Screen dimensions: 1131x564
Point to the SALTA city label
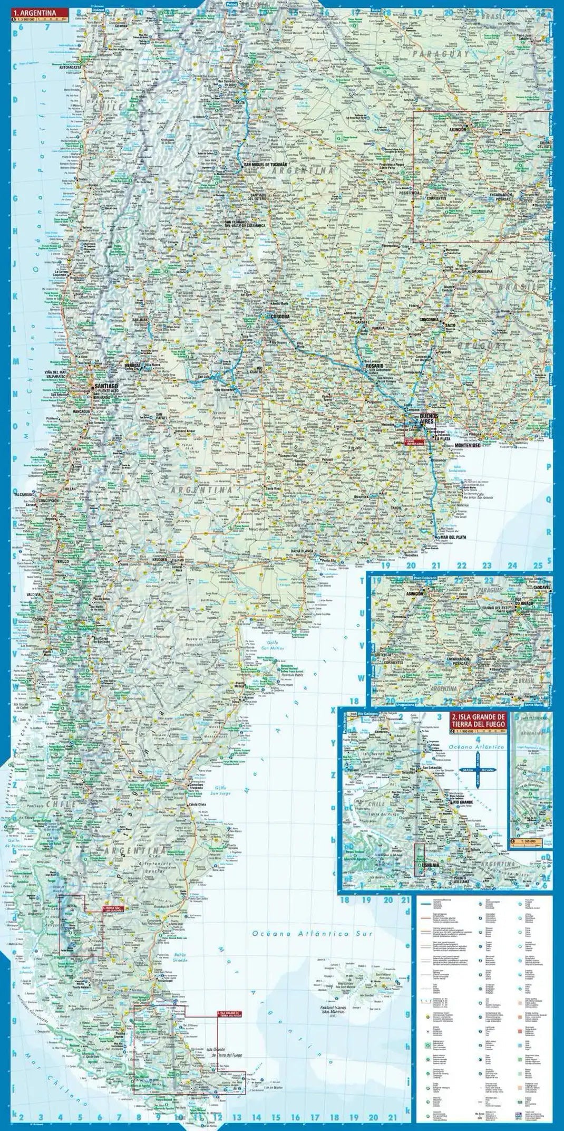point(240,102)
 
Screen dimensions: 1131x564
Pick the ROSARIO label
point(372,365)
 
